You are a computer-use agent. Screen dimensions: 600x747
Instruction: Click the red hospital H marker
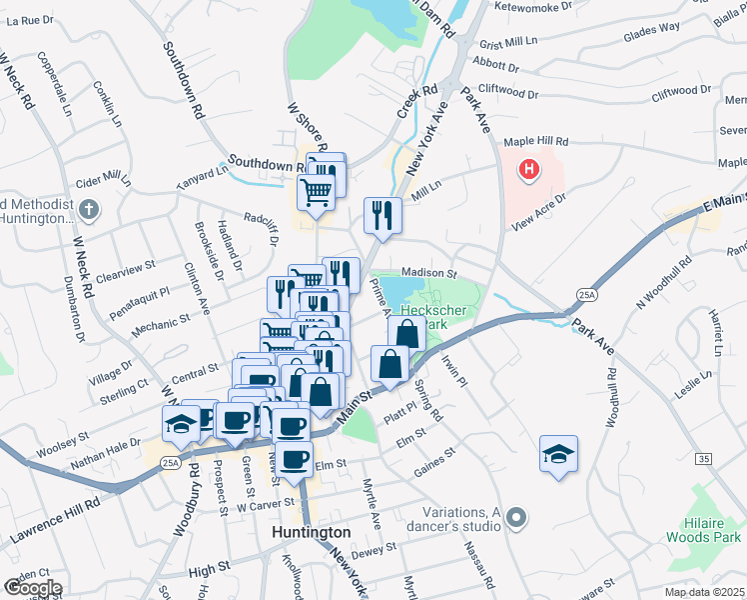click(x=529, y=171)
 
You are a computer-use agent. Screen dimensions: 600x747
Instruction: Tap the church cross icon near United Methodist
click(x=89, y=210)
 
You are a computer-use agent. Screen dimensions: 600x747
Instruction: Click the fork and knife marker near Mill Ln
click(x=382, y=214)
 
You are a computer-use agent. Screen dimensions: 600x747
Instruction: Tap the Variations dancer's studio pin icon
click(x=515, y=518)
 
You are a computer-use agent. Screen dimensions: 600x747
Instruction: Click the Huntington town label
click(x=312, y=533)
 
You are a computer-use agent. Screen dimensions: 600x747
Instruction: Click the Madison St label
click(x=428, y=273)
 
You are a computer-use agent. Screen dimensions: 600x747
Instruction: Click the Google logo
click(x=32, y=588)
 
